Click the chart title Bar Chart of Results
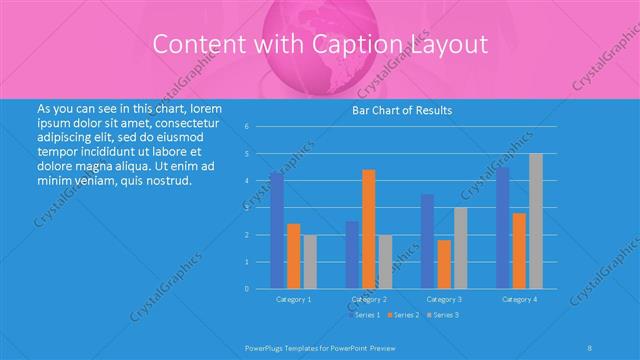402,110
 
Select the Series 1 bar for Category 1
276,230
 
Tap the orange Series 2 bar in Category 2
369,229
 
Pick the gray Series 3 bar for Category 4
536,221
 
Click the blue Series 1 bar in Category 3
428,241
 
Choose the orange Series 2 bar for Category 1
293,256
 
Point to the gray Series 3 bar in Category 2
386,261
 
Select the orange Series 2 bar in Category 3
445,264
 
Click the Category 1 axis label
293,299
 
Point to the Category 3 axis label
444,299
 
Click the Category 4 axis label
519,299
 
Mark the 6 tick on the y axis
260,127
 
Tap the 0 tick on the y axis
260,288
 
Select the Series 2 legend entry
405,315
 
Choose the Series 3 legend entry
444,315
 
